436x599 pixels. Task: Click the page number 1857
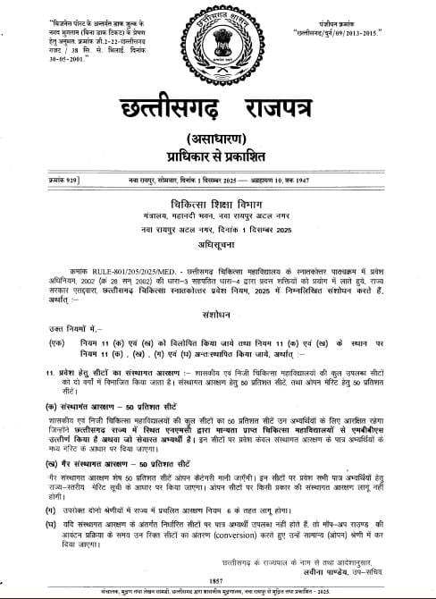[x=219, y=578]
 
